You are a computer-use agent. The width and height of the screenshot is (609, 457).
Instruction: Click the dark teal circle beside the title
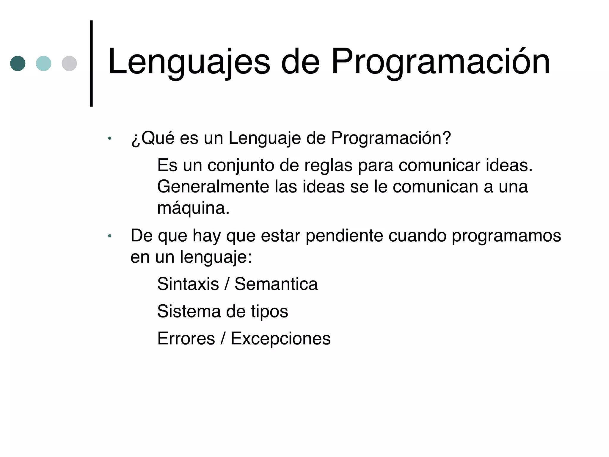click(x=18, y=63)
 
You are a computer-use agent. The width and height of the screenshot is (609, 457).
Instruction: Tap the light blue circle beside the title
click(x=43, y=63)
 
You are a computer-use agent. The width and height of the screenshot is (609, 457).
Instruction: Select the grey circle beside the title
click(x=69, y=63)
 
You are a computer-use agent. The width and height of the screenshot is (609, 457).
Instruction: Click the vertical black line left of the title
click(x=91, y=63)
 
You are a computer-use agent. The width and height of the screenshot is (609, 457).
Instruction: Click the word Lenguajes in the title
click(x=189, y=62)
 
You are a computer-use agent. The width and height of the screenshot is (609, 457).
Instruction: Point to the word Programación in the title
click(x=440, y=62)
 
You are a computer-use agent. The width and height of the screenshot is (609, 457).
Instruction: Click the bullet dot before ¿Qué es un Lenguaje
click(x=110, y=138)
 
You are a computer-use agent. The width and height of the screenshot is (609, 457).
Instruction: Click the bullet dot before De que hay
click(x=110, y=236)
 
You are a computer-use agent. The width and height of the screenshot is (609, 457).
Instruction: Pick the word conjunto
click(x=241, y=166)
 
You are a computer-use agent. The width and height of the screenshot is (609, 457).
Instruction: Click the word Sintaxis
click(x=188, y=284)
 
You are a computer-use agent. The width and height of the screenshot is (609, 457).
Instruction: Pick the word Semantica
click(x=276, y=284)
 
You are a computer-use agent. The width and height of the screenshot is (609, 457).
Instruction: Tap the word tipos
click(x=269, y=312)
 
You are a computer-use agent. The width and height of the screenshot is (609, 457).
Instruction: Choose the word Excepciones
click(x=280, y=339)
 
